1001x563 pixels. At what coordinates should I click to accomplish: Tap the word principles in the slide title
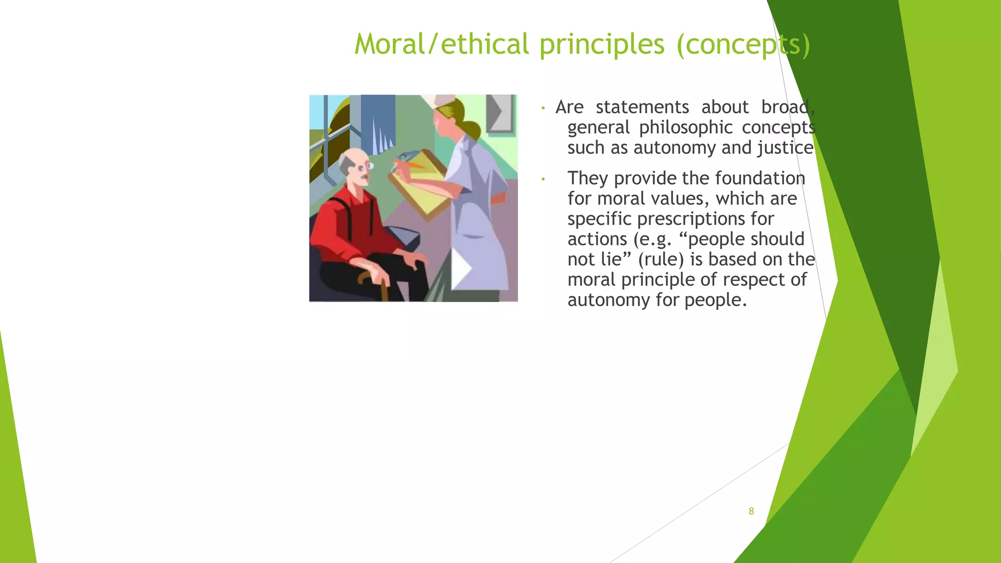point(602,45)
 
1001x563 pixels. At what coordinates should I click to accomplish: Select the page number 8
point(751,511)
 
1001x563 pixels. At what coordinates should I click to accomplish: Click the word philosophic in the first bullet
point(686,128)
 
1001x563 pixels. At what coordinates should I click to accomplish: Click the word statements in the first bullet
point(642,107)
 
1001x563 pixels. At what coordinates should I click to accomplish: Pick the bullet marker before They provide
point(543,179)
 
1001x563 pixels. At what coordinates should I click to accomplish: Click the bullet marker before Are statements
point(543,108)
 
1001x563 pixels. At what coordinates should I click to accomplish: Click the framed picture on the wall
point(500,113)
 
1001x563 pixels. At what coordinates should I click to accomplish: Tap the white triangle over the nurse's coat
point(460,268)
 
